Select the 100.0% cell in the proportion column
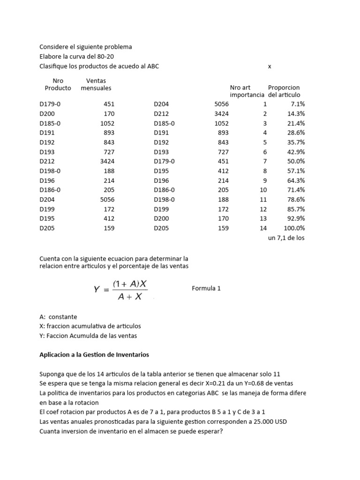[294, 228]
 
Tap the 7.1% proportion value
[299, 104]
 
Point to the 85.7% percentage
[297, 209]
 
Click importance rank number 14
[263, 228]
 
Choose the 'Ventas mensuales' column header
[96, 84]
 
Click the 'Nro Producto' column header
[58, 84]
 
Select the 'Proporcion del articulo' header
[284, 91]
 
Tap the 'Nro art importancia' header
[247, 91]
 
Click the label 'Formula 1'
[206, 288]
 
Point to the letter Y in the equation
[97, 290]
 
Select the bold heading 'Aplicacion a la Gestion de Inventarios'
[94, 355]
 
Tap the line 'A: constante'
[58, 317]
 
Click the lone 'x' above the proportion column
[270, 67]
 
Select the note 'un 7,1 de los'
[286, 238]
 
